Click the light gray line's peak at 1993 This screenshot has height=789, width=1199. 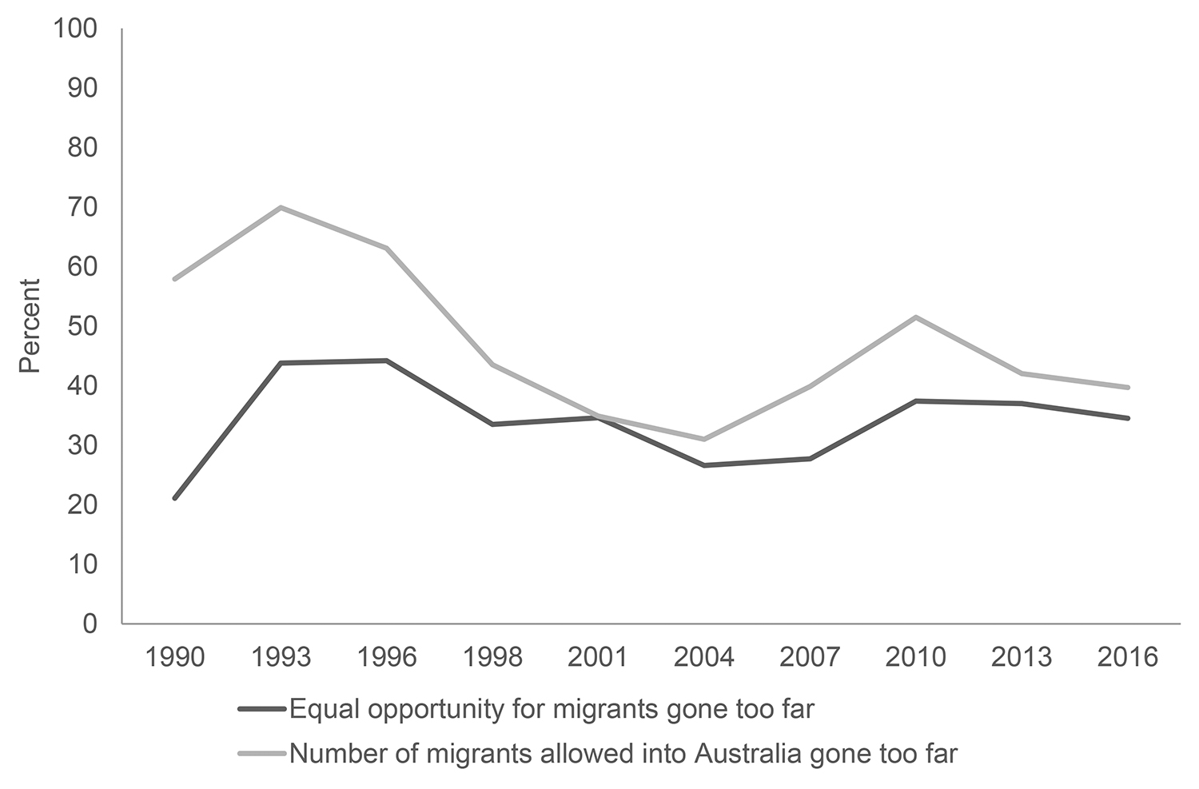(x=281, y=208)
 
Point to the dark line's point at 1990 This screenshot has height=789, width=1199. (x=174, y=498)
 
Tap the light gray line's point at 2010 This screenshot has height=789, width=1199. (x=916, y=317)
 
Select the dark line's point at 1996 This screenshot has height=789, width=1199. (x=387, y=361)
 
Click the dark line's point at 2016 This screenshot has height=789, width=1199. (x=1128, y=418)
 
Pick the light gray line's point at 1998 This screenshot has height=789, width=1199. (x=492, y=365)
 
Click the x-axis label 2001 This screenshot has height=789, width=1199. (x=598, y=657)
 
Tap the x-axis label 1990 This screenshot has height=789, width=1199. (x=174, y=657)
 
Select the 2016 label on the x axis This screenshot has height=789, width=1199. (x=1128, y=657)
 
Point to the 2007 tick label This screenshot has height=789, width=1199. (x=810, y=657)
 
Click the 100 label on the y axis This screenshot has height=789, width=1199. (x=74, y=29)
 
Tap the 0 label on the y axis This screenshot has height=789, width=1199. (x=89, y=624)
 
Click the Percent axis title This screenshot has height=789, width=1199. (x=30, y=325)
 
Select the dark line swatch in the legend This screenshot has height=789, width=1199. (x=261, y=709)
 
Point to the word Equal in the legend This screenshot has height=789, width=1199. (x=321, y=709)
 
